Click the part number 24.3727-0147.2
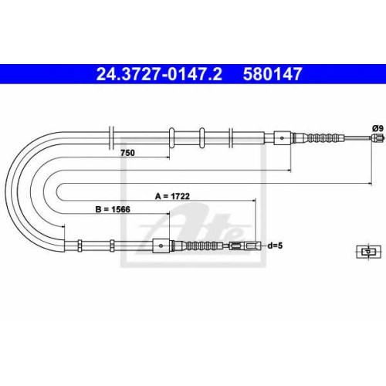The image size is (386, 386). tap(159, 74)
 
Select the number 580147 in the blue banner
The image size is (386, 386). tap(273, 74)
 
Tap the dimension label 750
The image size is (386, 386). tap(127, 153)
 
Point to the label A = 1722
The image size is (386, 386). tap(172, 196)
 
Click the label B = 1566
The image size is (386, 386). tap(113, 209)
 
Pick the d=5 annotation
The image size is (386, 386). tap(275, 245)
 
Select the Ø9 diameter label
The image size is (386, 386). tap(378, 128)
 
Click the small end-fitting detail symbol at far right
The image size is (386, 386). tap(368, 252)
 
